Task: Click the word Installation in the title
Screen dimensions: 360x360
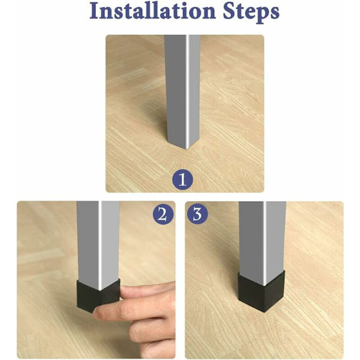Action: (x=152, y=11)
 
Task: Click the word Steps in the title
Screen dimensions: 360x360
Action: (x=251, y=12)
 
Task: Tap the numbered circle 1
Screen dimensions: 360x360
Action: (x=182, y=179)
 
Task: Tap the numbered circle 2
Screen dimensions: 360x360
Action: (x=163, y=215)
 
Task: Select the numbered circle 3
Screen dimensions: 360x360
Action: (x=197, y=214)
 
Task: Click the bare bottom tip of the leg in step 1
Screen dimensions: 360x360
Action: (x=187, y=147)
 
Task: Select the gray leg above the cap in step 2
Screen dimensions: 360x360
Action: (x=98, y=244)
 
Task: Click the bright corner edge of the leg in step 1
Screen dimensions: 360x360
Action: (x=187, y=92)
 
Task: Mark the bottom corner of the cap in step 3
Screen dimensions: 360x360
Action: (x=265, y=312)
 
